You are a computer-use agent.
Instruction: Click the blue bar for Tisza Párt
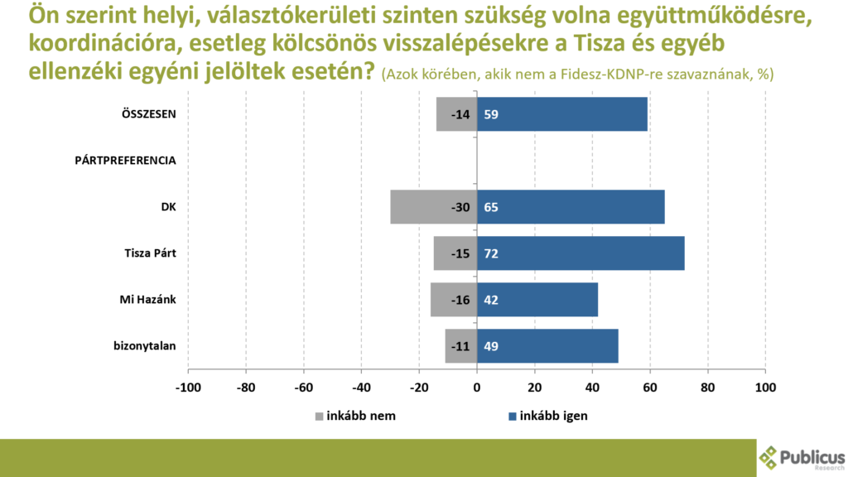coord(581,253)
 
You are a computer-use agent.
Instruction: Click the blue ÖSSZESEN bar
coord(562,114)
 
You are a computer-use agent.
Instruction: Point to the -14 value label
coord(460,114)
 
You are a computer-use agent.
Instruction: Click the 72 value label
coord(491,253)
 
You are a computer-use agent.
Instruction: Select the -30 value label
coord(460,207)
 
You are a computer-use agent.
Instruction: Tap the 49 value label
coord(491,345)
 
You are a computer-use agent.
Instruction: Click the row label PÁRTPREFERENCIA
coord(125,161)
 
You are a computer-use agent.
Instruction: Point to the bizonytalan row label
coord(144,345)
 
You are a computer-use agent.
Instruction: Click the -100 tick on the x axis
coord(188,386)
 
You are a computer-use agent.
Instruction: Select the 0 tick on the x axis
coord(477,386)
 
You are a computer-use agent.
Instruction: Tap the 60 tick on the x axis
coord(650,386)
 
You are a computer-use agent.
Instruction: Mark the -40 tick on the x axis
coord(361,386)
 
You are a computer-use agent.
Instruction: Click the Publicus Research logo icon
coord(769,457)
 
